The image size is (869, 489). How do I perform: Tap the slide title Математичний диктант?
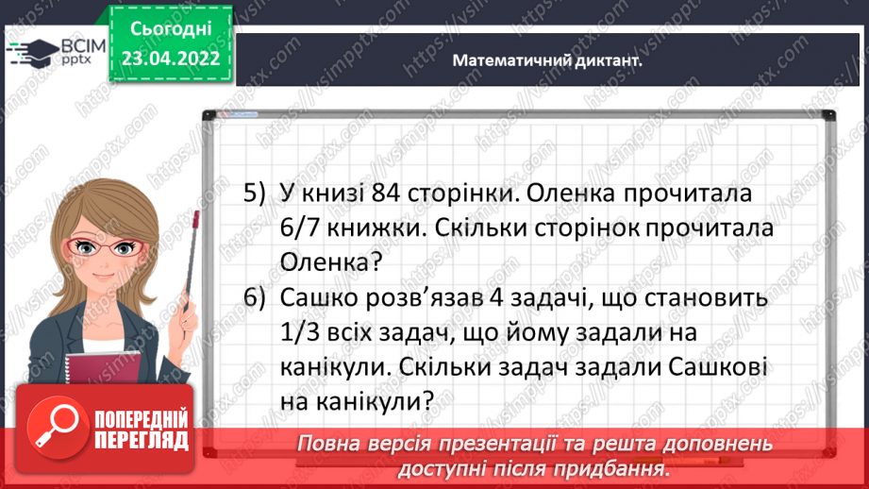[547, 59]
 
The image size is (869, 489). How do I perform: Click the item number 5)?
[256, 194]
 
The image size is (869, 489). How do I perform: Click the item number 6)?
[256, 298]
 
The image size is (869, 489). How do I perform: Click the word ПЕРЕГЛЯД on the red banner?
[142, 441]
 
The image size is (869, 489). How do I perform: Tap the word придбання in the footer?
[623, 469]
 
